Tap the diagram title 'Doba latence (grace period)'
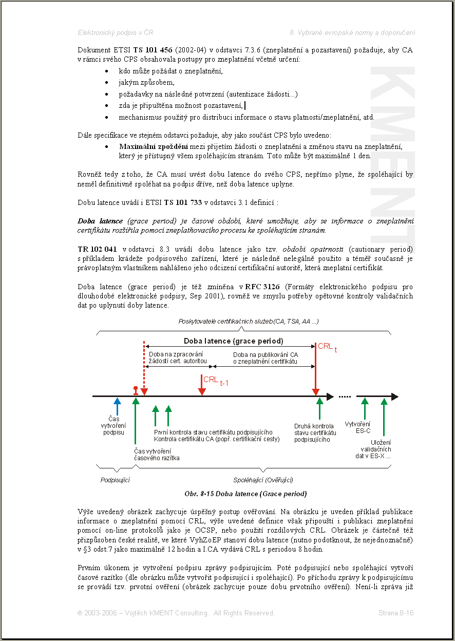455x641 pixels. pyautogui.click(x=233, y=341)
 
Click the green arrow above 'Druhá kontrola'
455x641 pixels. pyautogui.click(x=319, y=409)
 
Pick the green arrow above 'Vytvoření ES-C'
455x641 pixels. pyautogui.click(x=365, y=409)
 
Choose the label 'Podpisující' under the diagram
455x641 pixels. pyautogui.click(x=115, y=480)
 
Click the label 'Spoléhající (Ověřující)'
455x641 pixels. pyautogui.click(x=263, y=480)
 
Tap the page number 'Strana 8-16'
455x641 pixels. pyautogui.click(x=396, y=613)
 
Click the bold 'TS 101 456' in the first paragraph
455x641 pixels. pyautogui.click(x=153, y=50)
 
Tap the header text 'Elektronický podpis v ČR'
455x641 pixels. pyautogui.click(x=116, y=32)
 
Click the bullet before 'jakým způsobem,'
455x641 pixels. pyautogui.click(x=106, y=83)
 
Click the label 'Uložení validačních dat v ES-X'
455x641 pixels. pyautogui.click(x=381, y=449)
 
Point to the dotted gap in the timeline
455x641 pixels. pyautogui.click(x=345, y=397)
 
